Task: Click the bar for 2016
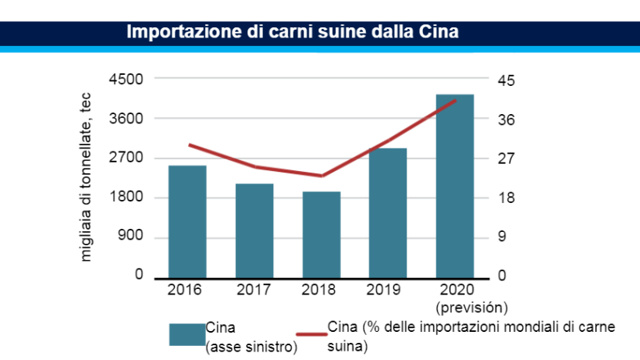[187, 222]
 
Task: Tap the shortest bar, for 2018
[322, 235]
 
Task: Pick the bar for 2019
[388, 213]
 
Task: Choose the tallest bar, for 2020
[455, 186]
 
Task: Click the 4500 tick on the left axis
[128, 79]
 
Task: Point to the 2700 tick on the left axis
[128, 158]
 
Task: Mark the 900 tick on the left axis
[132, 237]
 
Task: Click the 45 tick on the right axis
[507, 80]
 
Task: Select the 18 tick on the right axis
[507, 198]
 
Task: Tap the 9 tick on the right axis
[503, 237]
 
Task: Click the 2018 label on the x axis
[318, 290]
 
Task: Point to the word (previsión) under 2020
[472, 305]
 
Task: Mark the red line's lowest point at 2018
[322, 176]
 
